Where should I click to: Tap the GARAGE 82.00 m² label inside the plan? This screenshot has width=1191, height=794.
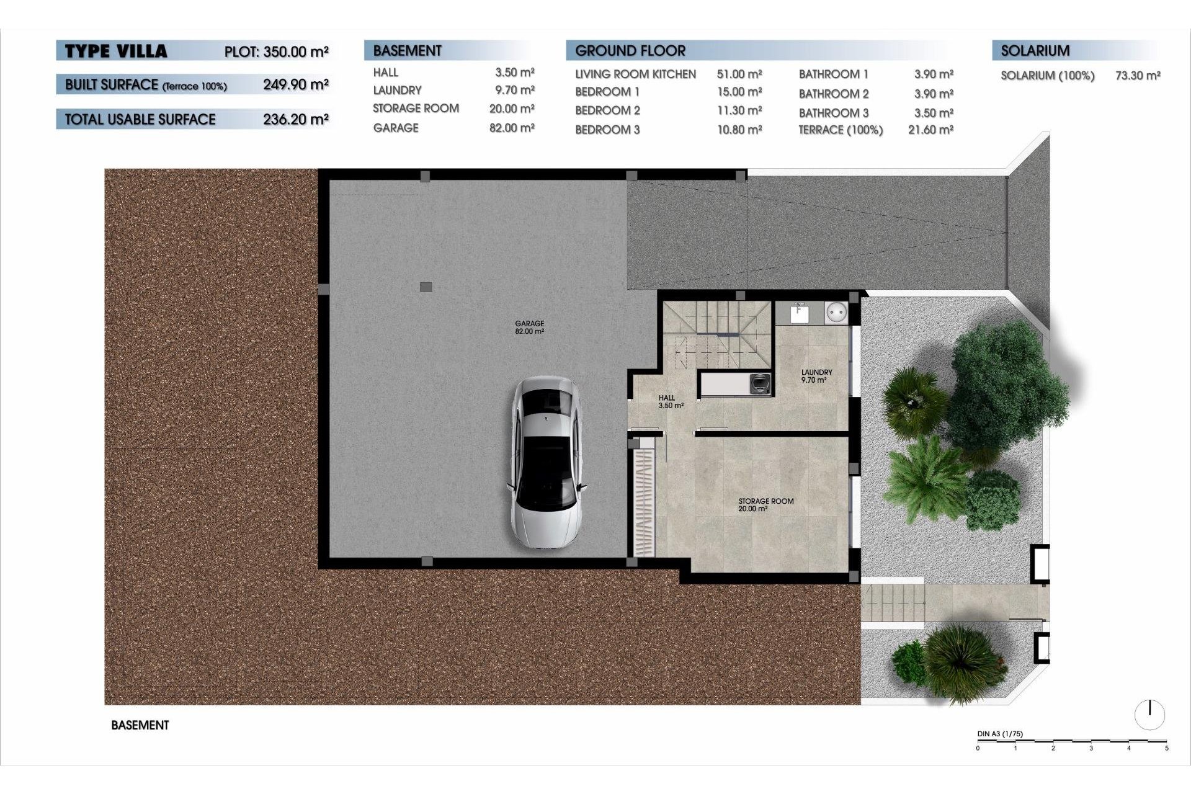(529, 327)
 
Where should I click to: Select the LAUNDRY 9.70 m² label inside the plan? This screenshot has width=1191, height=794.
(816, 376)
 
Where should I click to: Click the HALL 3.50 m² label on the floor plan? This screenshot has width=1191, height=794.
(670, 401)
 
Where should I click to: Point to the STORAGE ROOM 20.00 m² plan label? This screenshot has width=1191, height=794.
(765, 504)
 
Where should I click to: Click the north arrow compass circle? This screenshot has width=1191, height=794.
(1149, 715)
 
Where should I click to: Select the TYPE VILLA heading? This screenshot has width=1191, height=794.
(116, 51)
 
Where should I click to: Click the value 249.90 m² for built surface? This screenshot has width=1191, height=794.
(295, 84)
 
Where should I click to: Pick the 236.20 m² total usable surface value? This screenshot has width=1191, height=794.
(295, 119)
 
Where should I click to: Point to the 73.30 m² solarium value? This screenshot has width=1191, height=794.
(1138, 76)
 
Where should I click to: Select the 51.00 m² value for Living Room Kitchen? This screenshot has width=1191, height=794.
(739, 74)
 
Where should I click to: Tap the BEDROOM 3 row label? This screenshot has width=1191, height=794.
(607, 130)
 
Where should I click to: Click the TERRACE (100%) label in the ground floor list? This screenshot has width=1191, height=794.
(841, 130)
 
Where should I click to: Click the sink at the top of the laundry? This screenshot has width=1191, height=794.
(799, 313)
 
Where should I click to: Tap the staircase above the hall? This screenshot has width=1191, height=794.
(716, 335)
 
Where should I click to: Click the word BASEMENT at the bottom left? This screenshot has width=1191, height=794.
(140, 725)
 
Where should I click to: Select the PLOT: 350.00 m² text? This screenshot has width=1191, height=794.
(277, 51)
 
